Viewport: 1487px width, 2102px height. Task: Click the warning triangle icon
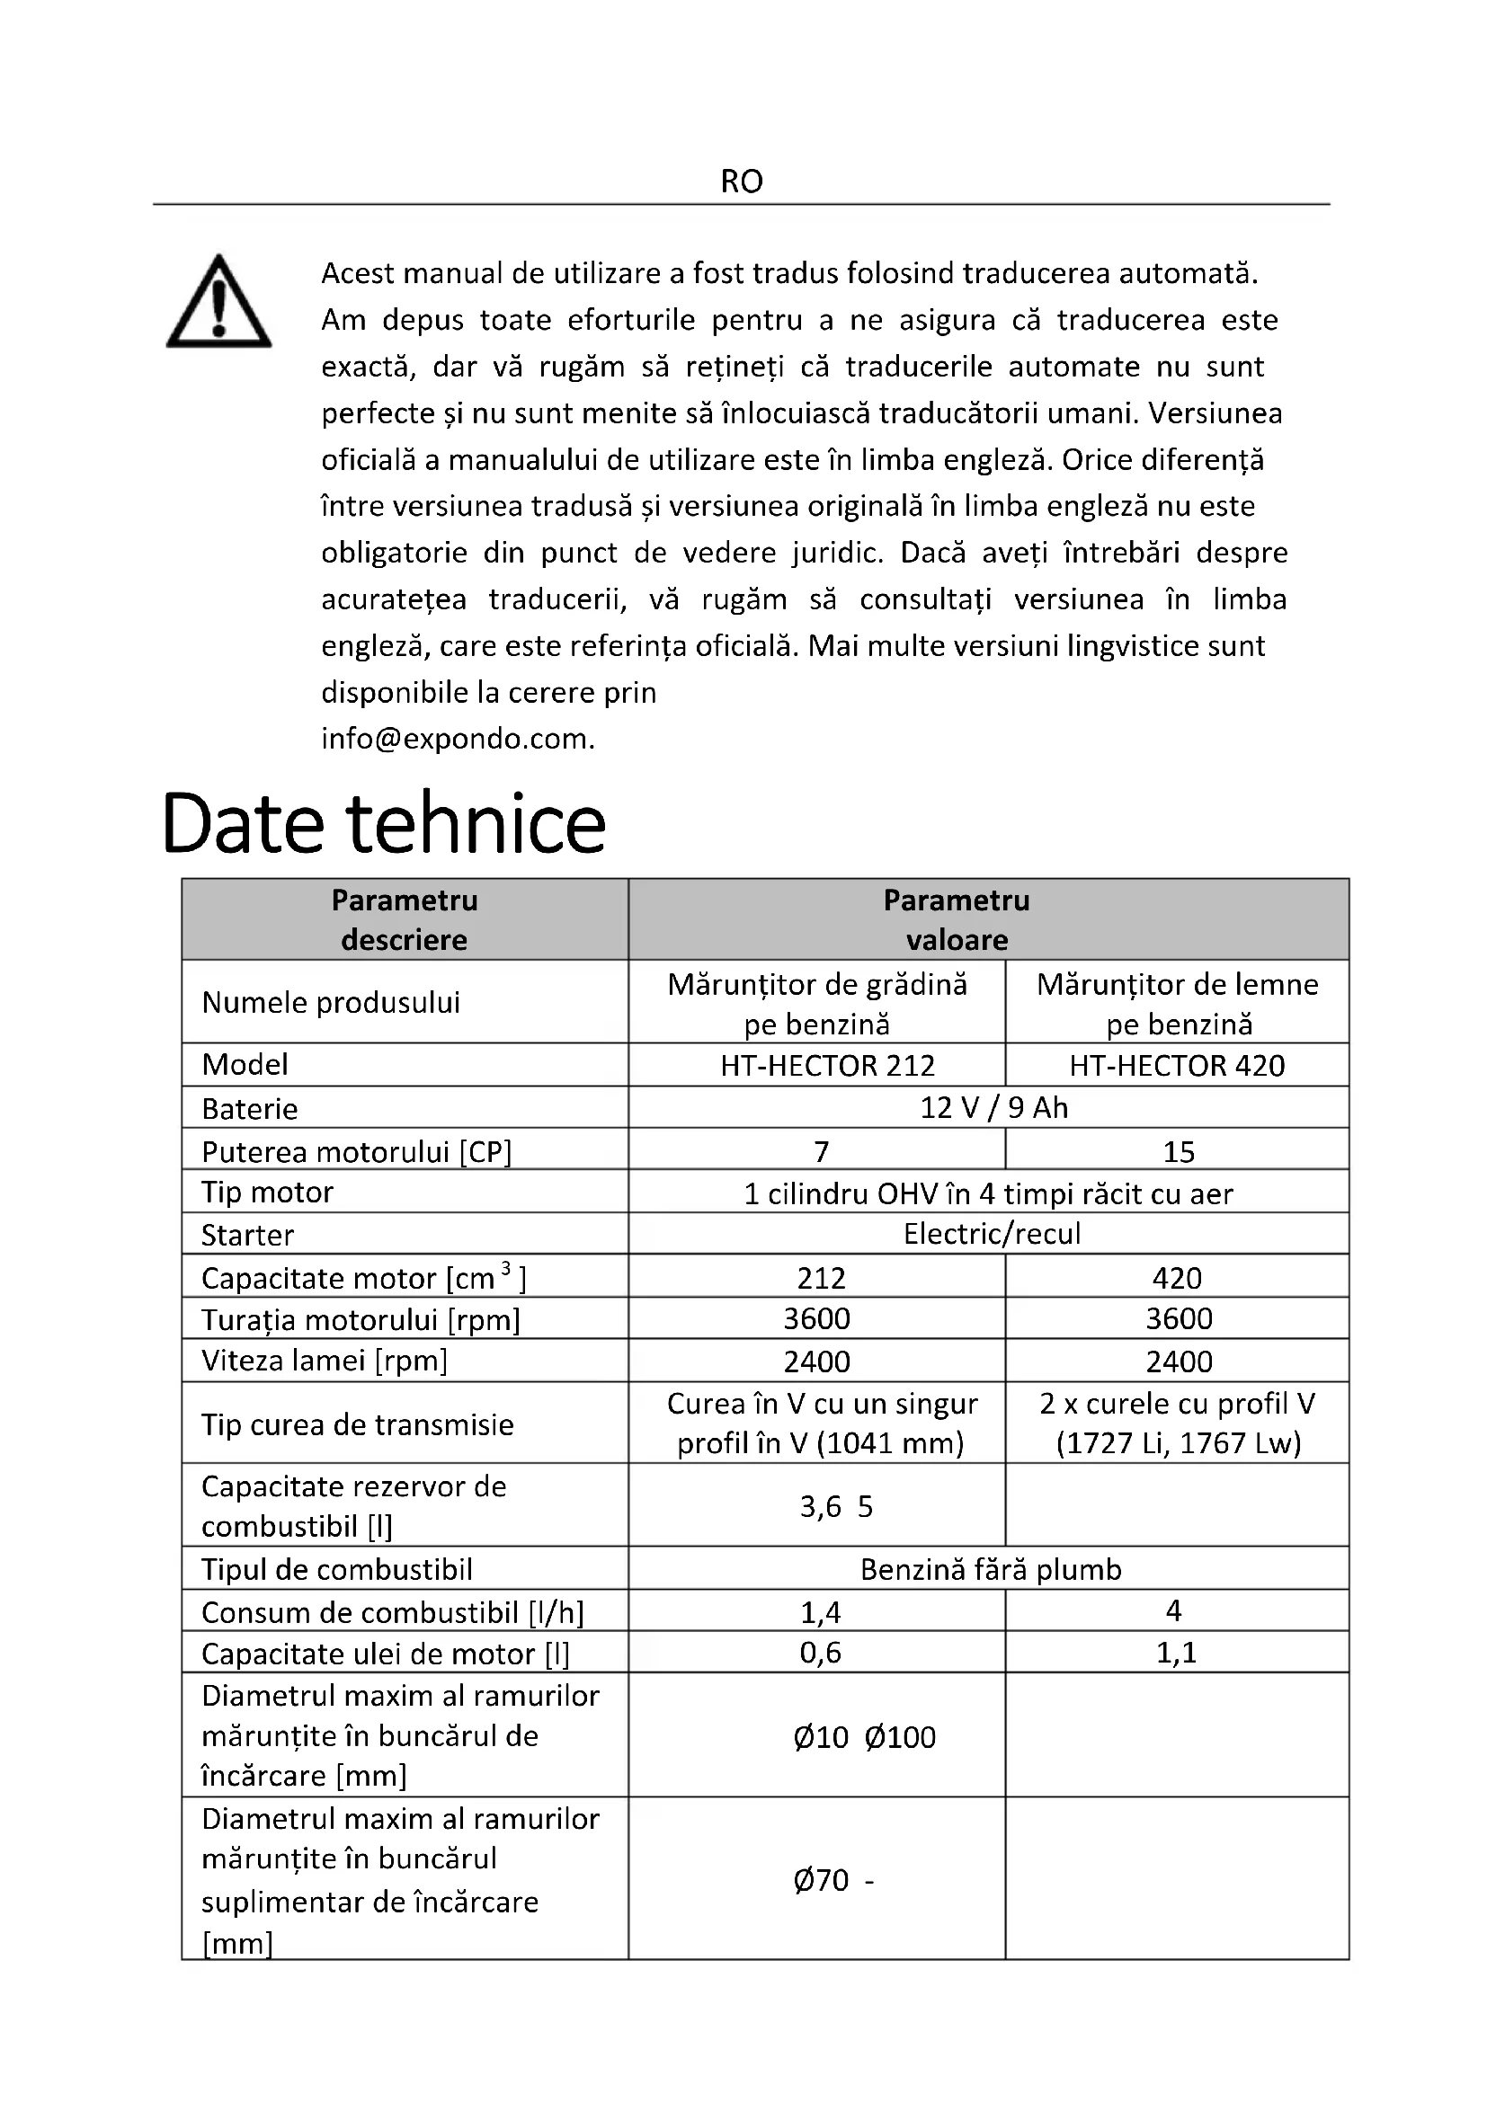click(218, 302)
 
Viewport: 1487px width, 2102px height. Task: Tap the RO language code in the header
click(742, 182)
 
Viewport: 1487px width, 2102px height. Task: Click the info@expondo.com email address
click(458, 739)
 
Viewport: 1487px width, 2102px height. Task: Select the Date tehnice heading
click(384, 822)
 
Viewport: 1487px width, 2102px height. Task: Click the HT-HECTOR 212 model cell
click(828, 1066)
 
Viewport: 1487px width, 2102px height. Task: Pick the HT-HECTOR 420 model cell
click(1177, 1066)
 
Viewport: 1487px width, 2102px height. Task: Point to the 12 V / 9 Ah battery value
click(993, 1108)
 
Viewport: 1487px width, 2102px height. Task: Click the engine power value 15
click(1179, 1152)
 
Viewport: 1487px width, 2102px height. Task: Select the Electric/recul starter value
click(992, 1234)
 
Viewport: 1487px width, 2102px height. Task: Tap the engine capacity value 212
click(822, 1278)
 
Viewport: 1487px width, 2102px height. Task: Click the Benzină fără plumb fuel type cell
click(991, 1569)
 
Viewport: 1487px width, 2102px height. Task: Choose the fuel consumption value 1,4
click(821, 1612)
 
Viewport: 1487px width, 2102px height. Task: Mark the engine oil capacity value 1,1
click(1177, 1653)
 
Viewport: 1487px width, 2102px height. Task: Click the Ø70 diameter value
click(823, 1880)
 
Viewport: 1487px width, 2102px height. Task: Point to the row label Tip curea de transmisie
click(358, 1424)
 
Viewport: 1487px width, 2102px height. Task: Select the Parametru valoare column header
click(957, 920)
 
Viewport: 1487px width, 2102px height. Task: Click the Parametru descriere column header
click(405, 920)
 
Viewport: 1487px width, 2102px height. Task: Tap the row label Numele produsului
click(331, 1003)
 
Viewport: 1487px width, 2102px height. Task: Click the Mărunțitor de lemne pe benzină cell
click(1178, 1004)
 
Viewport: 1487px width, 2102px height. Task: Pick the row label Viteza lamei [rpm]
click(325, 1361)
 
